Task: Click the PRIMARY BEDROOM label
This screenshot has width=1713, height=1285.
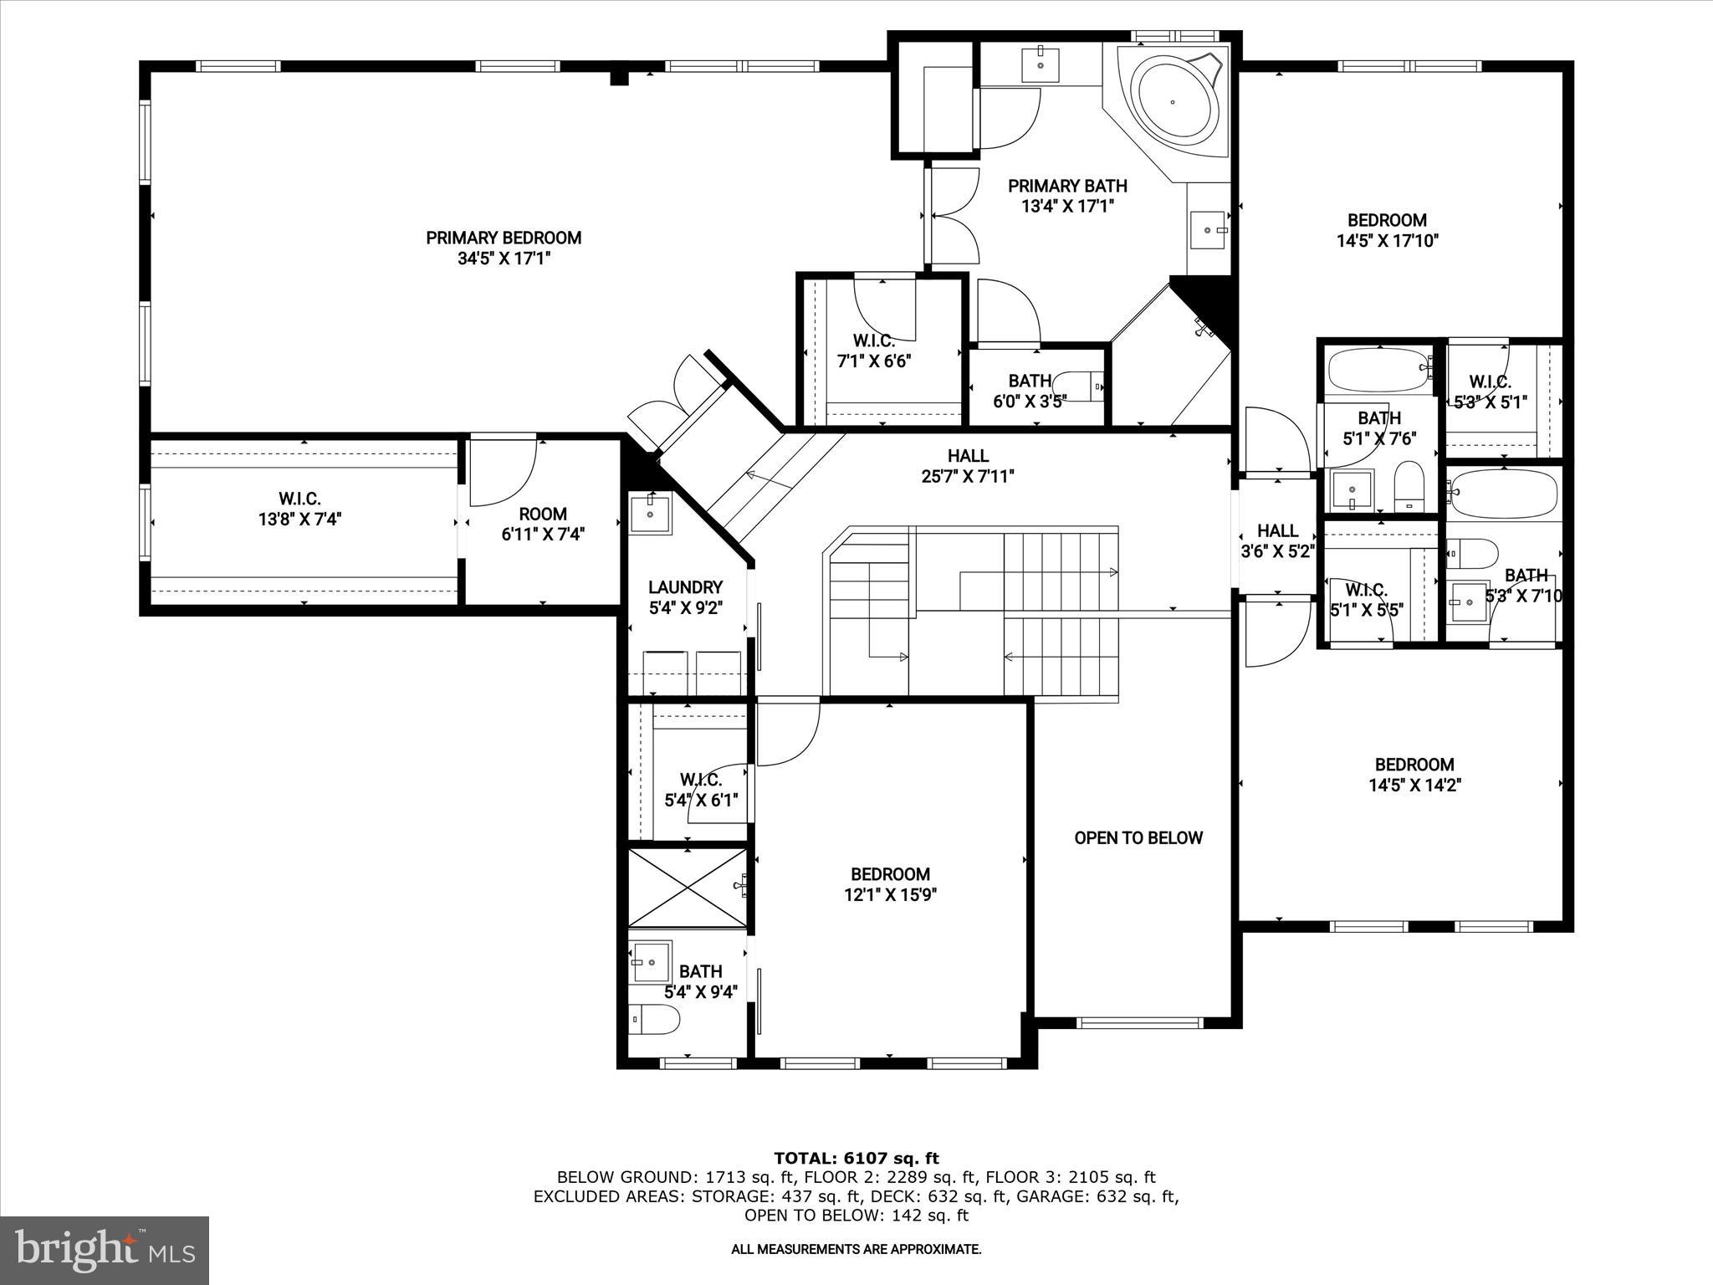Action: (504, 238)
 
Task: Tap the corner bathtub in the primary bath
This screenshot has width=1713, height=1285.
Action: (1173, 101)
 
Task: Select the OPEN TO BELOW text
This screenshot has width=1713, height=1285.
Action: (1138, 838)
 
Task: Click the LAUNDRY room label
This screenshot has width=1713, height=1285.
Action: (685, 587)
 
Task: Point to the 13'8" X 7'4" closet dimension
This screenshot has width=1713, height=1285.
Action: (299, 520)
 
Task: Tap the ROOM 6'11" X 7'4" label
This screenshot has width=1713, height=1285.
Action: (543, 524)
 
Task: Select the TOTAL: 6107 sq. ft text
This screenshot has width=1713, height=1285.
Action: (856, 1158)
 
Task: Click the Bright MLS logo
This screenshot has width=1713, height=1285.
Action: (105, 1250)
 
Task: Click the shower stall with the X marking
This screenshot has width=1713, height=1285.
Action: (687, 888)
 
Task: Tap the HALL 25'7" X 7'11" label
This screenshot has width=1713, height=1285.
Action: (968, 466)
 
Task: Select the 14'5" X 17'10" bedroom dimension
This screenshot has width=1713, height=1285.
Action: (1387, 242)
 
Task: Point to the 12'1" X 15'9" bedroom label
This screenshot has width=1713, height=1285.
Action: (890, 885)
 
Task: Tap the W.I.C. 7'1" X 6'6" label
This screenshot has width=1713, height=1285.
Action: (873, 351)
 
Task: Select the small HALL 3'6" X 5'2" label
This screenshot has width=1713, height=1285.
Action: (1277, 540)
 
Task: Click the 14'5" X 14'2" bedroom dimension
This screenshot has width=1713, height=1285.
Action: (1414, 786)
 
